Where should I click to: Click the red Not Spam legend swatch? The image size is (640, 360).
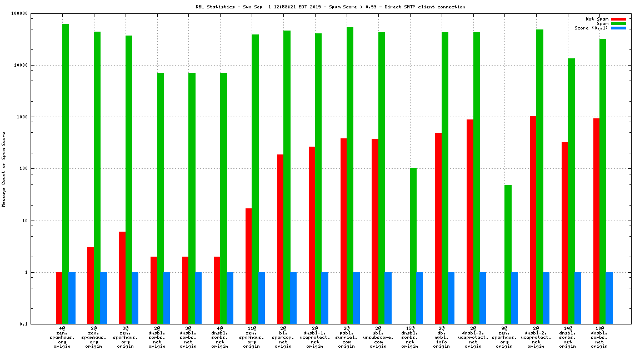coord(618,19)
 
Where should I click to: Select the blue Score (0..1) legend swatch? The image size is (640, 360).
coord(618,28)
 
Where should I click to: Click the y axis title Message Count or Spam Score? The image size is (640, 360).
coord(4,169)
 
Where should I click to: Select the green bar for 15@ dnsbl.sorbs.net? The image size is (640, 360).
coord(413,246)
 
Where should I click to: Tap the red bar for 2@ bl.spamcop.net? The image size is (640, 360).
coord(281,239)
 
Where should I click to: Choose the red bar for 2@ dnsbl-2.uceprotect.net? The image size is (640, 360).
coord(533,220)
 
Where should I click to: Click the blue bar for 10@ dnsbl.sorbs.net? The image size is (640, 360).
coord(609,298)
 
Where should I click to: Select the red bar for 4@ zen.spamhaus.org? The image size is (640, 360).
coord(59,298)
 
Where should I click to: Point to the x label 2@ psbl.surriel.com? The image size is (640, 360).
coord(347,337)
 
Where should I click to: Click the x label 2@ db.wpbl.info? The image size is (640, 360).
coord(442,337)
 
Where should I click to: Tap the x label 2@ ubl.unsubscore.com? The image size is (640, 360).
coord(378,337)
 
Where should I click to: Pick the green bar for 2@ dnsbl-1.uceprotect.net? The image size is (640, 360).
coord(318,178)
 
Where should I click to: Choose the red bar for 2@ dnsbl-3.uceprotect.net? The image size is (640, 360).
coord(470,222)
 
